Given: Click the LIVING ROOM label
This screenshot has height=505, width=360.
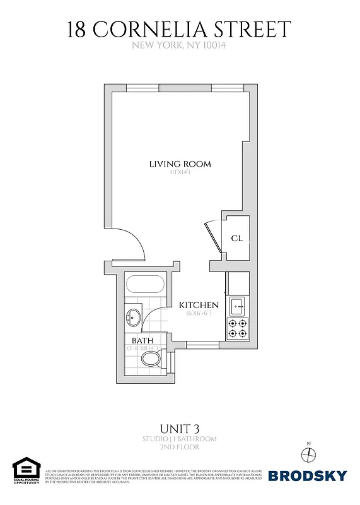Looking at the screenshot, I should pyautogui.click(x=180, y=164).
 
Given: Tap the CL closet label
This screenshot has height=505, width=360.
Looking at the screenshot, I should pyautogui.click(x=237, y=239).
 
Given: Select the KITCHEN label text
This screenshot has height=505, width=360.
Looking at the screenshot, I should pyautogui.click(x=199, y=305).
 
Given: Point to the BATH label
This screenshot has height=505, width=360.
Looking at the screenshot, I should pyautogui.click(x=142, y=341).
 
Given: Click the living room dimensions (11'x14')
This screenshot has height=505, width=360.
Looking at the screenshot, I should pyautogui.click(x=180, y=173).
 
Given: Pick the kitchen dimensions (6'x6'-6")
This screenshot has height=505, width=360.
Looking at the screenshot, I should pyautogui.click(x=199, y=313).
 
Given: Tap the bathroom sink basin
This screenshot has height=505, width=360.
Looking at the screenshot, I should pyautogui.click(x=134, y=316).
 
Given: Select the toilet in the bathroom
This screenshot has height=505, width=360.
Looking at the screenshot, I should pyautogui.click(x=152, y=360).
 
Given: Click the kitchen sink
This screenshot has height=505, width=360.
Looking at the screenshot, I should pyautogui.click(x=238, y=307).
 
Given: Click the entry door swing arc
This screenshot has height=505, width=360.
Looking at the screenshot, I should pyautogui.click(x=134, y=243).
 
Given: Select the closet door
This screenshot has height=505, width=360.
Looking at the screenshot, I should pyautogui.click(x=212, y=237).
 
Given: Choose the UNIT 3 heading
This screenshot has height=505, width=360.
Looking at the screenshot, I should pyautogui.click(x=179, y=427).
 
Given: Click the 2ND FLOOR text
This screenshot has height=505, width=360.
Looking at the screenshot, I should pyautogui.click(x=179, y=447).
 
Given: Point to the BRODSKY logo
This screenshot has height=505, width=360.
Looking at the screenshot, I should pyautogui.click(x=308, y=475).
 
